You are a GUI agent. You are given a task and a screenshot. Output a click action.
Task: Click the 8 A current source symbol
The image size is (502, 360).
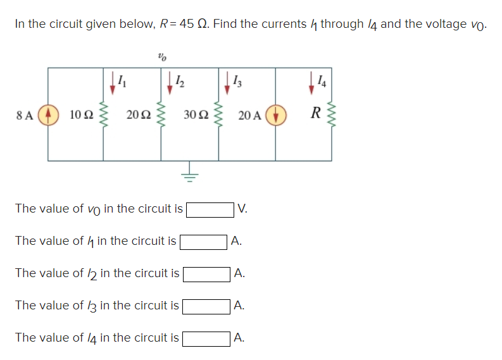tap(48, 115)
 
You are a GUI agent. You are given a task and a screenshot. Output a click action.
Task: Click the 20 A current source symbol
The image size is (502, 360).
tap(275, 115)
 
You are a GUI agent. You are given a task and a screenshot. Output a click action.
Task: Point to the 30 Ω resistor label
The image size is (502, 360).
tap(195, 115)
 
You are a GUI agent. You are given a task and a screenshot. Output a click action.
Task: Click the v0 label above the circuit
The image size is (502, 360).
tap(161, 57)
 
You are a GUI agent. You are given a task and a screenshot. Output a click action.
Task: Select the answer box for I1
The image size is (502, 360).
tap(204, 241)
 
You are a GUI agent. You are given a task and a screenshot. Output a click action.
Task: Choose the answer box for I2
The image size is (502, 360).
tap(206, 273)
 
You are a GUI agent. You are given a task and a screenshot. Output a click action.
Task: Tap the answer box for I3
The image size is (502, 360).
tap(206, 306)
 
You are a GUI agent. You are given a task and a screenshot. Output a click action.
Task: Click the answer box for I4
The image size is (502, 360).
tap(206, 338)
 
